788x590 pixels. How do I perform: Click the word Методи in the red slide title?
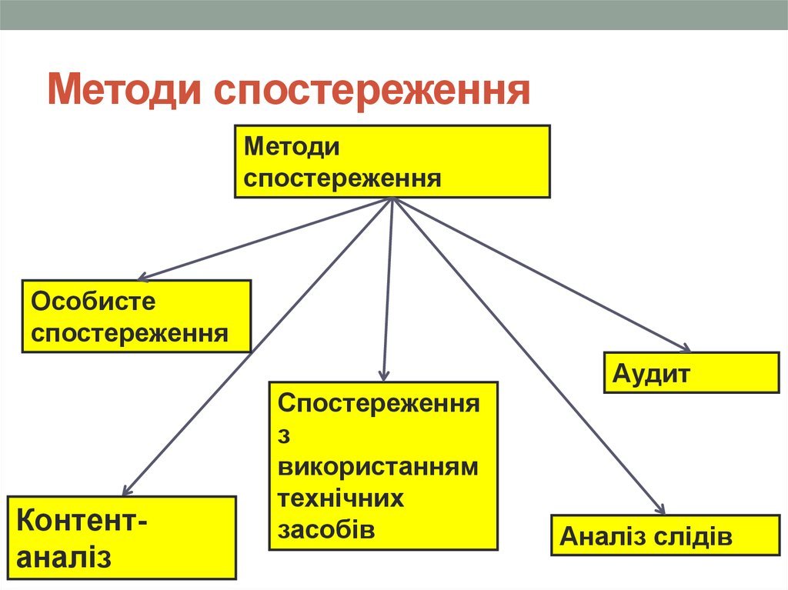tap(124, 91)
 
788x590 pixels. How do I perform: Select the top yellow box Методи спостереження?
tap(392, 162)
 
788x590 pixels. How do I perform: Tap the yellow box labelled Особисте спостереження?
tap(136, 316)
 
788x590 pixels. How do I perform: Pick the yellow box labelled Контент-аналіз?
tap(122, 537)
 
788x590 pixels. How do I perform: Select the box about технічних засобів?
tap(383, 465)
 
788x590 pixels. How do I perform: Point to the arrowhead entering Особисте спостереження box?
tap(142, 277)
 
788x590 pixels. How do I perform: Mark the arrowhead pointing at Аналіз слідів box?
tap(660, 509)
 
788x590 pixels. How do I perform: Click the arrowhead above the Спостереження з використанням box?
tap(383, 375)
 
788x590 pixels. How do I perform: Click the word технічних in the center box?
tap(341, 498)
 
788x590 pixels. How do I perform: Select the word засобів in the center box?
tap(326, 530)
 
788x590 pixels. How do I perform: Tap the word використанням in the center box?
tap(378, 467)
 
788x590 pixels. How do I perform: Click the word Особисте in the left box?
tap(93, 302)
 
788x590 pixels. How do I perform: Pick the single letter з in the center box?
tap(283, 435)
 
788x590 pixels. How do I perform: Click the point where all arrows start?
tap(392, 200)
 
